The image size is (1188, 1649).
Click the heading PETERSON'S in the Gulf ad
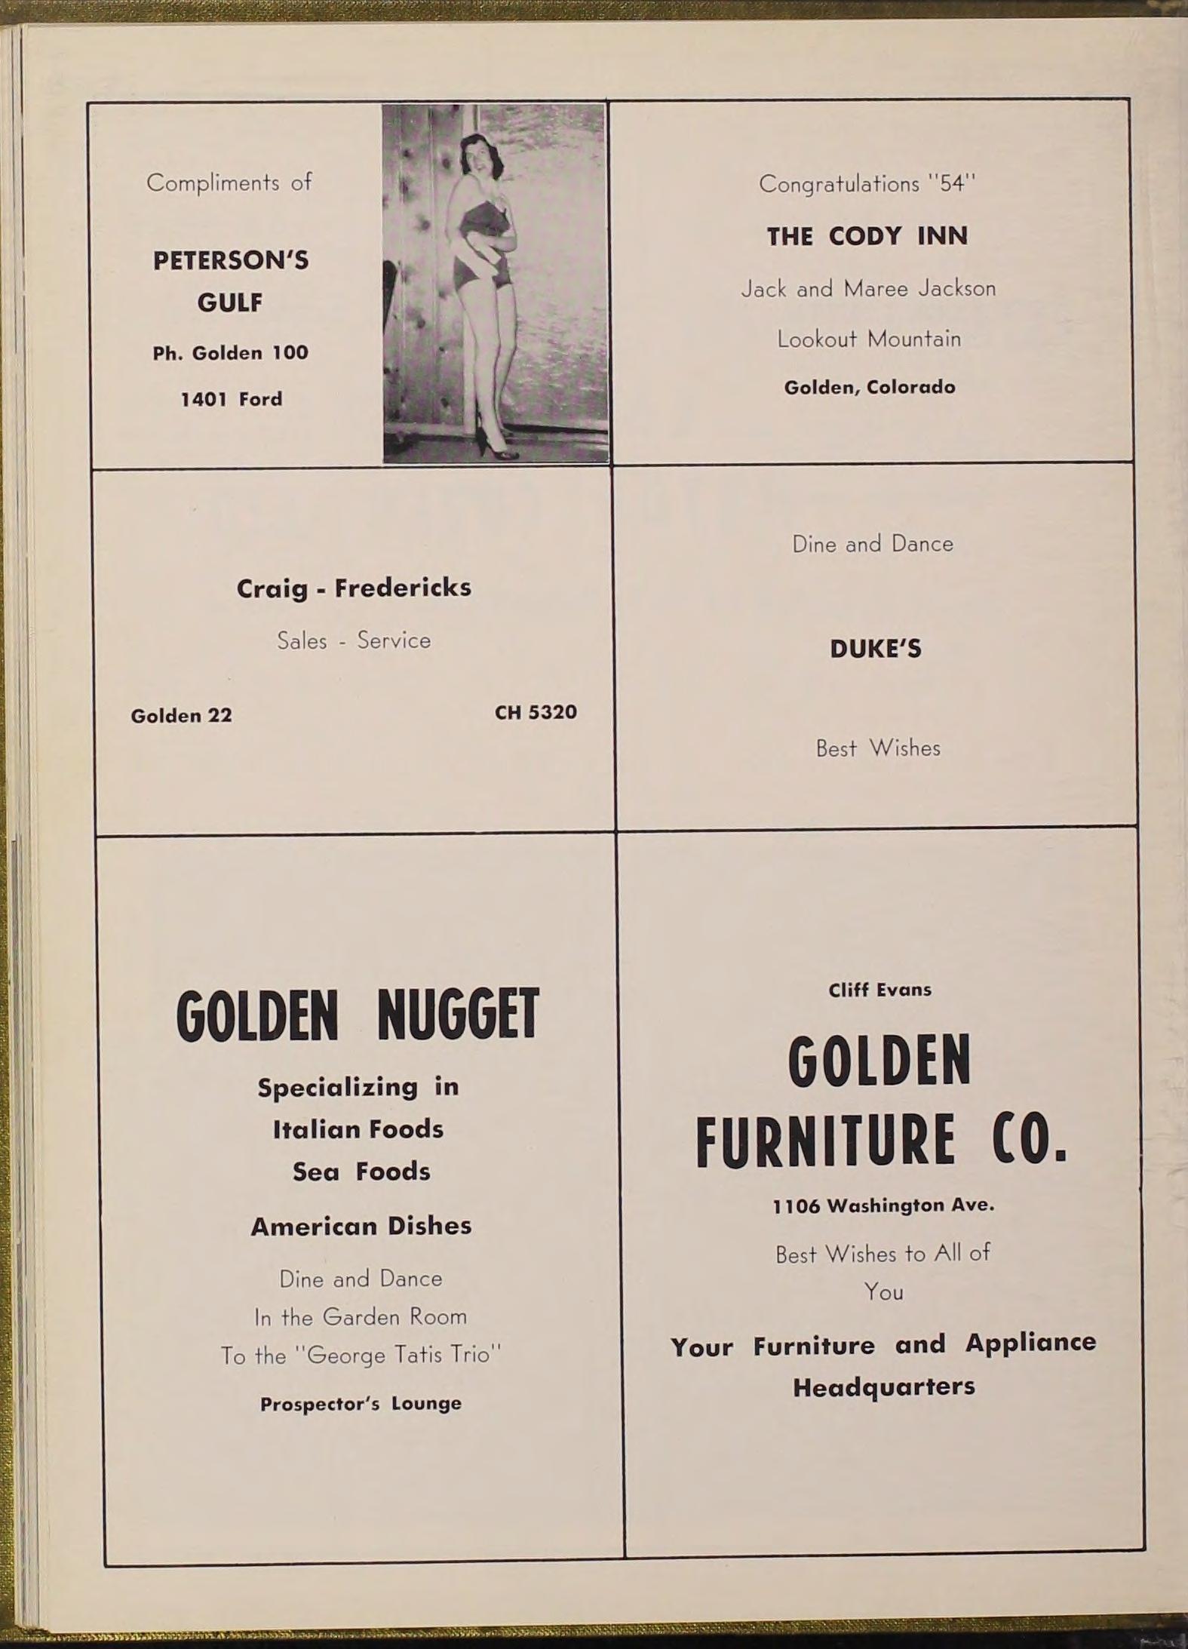(231, 260)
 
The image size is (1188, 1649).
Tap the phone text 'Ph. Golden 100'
(231, 353)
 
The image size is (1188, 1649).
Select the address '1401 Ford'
(231, 399)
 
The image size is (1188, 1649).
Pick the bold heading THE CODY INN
(867, 236)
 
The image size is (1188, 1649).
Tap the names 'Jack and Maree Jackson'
(868, 288)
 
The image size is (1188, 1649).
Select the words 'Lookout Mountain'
(869, 339)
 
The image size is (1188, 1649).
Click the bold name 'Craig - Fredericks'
(354, 588)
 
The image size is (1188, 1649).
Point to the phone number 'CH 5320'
(536, 712)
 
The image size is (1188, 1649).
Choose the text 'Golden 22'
(181, 715)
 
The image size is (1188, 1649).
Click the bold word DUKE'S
(876, 649)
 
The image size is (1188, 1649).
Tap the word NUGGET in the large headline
(458, 1015)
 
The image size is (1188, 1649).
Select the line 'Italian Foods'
(358, 1129)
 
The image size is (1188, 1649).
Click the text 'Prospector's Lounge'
(361, 1404)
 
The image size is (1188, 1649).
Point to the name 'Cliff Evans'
(879, 990)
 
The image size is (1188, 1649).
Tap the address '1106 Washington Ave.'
(883, 1206)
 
